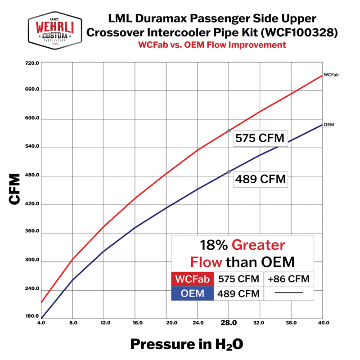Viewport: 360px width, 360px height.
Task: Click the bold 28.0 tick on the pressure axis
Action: pyautogui.click(x=229, y=323)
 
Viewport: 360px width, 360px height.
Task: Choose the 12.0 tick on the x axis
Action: pyautogui.click(x=104, y=323)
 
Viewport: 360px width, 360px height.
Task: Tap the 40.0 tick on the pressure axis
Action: pyautogui.click(x=323, y=323)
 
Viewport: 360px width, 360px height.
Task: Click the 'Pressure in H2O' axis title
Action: pyautogui.click(x=187, y=344)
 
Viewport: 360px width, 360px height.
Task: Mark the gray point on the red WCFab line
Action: pyautogui.click(x=229, y=130)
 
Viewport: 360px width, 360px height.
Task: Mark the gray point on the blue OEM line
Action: pyautogui.click(x=229, y=171)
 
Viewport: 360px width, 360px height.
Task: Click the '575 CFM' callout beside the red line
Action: pyautogui.click(x=260, y=139)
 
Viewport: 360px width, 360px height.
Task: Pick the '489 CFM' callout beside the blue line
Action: pyautogui.click(x=260, y=179)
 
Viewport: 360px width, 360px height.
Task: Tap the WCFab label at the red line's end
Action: pyautogui.click(x=331, y=74)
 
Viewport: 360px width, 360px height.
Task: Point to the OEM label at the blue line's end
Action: pyautogui.click(x=328, y=124)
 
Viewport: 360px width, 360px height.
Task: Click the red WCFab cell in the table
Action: pyautogui.click(x=193, y=279)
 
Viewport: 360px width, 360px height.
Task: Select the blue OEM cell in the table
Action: pyautogui.click(x=193, y=294)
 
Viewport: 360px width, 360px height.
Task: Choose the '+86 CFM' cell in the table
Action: pyautogui.click(x=288, y=279)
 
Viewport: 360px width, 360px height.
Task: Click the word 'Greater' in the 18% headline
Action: pyautogui.click(x=258, y=245)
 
